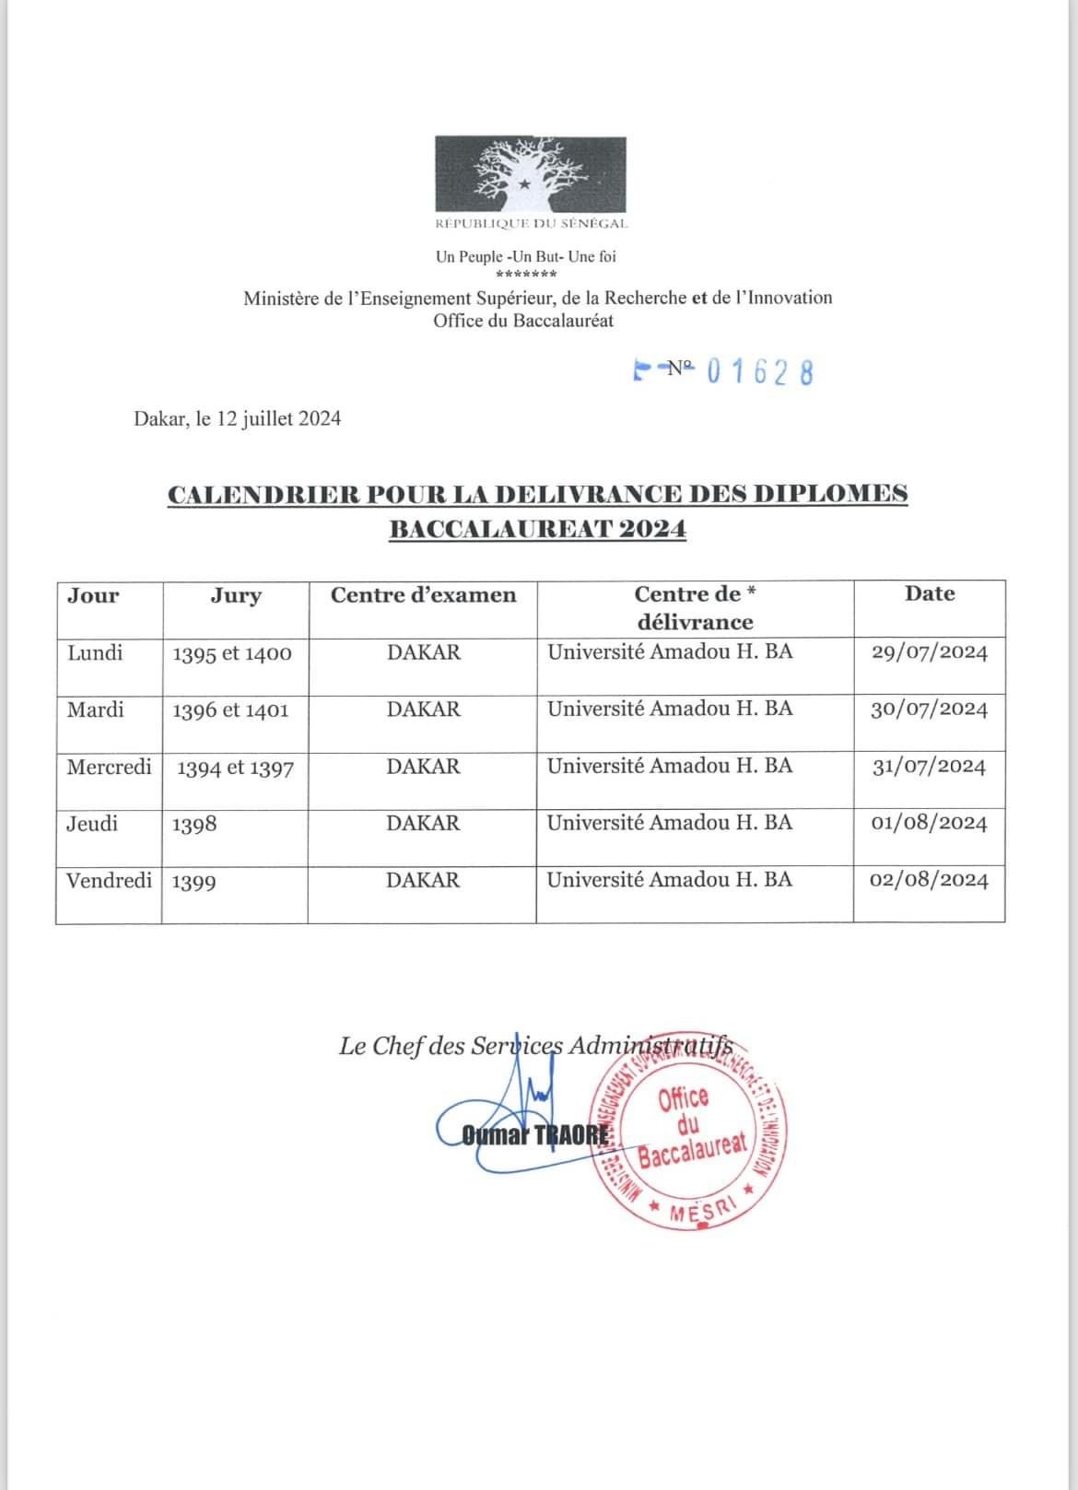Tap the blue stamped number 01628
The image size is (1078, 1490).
click(760, 371)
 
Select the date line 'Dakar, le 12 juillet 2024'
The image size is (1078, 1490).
click(238, 419)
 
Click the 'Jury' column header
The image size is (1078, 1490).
click(236, 595)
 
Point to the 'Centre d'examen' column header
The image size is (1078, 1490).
click(423, 595)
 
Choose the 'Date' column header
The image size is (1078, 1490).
click(929, 594)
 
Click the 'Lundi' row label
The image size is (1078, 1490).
click(95, 652)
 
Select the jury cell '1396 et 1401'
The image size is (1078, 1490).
click(230, 710)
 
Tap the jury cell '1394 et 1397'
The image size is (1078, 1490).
click(235, 768)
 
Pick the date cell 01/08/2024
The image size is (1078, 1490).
click(929, 823)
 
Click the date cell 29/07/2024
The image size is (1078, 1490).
click(929, 652)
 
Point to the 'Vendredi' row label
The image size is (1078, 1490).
click(109, 880)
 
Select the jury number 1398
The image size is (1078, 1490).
click(194, 824)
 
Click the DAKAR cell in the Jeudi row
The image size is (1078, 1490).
click(423, 823)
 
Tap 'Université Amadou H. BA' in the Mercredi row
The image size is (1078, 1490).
click(670, 766)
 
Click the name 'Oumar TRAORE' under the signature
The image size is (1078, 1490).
click(534, 1135)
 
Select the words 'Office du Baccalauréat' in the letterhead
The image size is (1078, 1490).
click(523, 321)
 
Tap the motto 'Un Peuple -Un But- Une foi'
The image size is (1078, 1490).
click(525, 257)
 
